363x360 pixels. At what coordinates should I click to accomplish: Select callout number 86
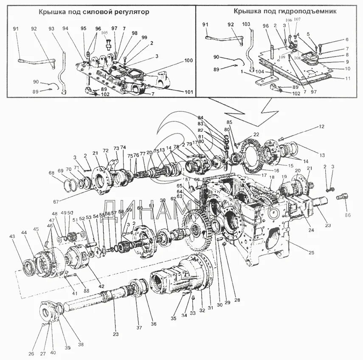(348, 215)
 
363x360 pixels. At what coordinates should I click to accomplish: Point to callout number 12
(321, 126)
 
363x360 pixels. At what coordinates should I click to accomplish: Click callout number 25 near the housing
(311, 253)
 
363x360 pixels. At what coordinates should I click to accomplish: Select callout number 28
(237, 300)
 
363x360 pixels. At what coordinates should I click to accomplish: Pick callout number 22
(256, 134)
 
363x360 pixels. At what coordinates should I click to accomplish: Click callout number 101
(189, 92)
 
